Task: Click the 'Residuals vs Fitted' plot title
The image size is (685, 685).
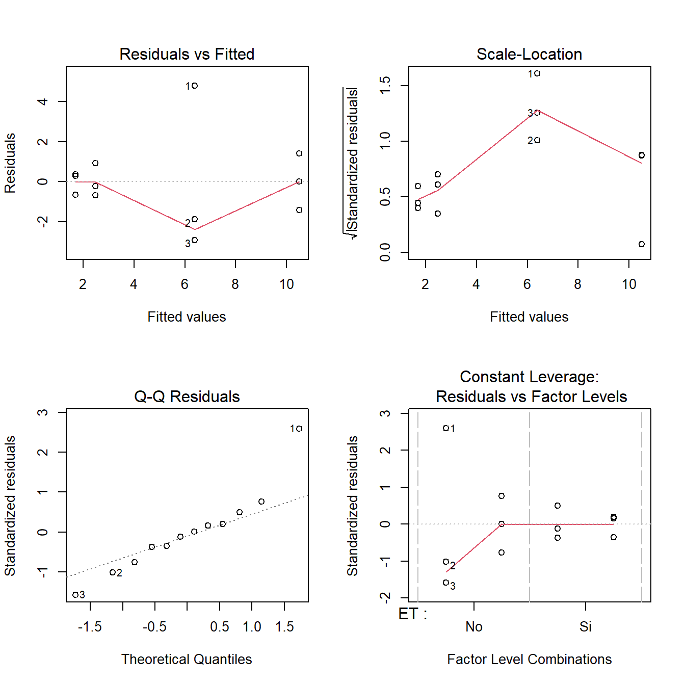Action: click(x=187, y=54)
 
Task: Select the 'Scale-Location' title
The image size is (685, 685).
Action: click(x=529, y=54)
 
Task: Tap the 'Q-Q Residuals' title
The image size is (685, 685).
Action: click(x=187, y=397)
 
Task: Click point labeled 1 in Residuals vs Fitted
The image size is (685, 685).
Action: click(x=195, y=86)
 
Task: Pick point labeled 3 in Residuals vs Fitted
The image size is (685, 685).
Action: click(x=195, y=240)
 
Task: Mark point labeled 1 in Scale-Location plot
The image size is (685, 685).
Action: click(x=537, y=73)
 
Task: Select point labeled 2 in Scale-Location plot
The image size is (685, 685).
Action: click(x=537, y=140)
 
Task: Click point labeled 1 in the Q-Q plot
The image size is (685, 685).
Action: click(x=299, y=429)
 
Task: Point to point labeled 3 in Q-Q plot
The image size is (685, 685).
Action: click(x=75, y=595)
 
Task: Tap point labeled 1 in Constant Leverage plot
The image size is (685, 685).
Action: click(x=446, y=428)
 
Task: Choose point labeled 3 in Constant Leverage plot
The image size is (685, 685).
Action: click(x=446, y=583)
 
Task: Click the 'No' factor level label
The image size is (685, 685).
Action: click(x=474, y=627)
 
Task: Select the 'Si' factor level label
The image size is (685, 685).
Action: click(x=586, y=627)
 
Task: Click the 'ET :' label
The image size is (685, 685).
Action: click(x=412, y=614)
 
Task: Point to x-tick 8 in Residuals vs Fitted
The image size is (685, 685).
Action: click(x=235, y=284)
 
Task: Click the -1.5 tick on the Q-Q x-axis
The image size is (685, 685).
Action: click(x=90, y=627)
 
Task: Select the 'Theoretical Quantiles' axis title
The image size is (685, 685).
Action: click(x=187, y=660)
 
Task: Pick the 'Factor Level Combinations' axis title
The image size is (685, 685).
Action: click(x=529, y=660)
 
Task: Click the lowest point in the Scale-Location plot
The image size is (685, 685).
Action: click(x=642, y=244)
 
